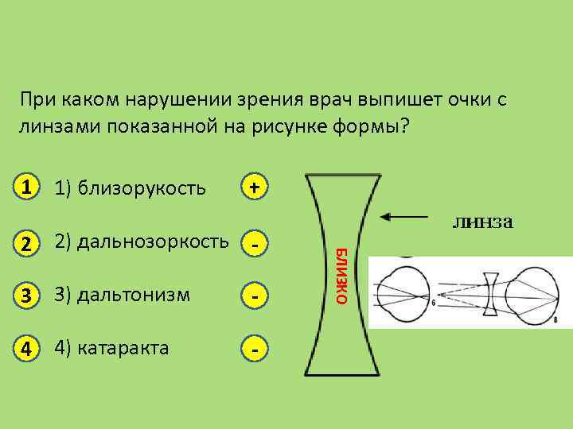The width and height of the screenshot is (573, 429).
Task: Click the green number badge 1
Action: tap(28, 187)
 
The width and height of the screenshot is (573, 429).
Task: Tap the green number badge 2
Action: tap(28, 242)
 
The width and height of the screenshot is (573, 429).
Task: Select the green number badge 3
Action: tap(28, 296)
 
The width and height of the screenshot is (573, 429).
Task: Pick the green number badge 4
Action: tap(28, 348)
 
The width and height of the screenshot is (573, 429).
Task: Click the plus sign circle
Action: tap(254, 187)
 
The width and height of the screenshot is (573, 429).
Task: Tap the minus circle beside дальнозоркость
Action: tap(254, 245)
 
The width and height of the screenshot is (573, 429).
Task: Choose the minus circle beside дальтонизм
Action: tap(254, 296)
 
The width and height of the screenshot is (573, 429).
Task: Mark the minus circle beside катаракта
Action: tap(254, 348)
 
